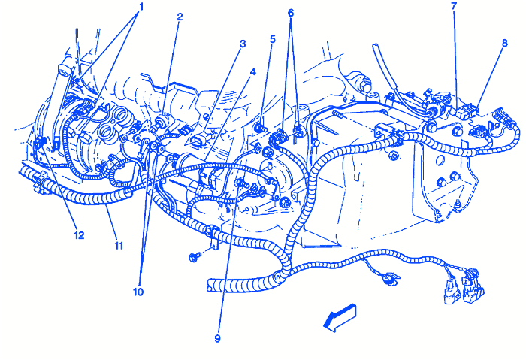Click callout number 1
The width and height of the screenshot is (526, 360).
pyautogui.click(x=138, y=7)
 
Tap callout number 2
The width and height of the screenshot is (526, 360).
pyautogui.click(x=180, y=16)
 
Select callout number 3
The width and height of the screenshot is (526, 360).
pyautogui.click(x=243, y=44)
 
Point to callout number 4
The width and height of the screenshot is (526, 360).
pyautogui.click(x=252, y=72)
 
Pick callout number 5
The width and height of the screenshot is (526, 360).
pyautogui.click(x=272, y=39)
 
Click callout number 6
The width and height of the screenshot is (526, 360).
pyautogui.click(x=291, y=13)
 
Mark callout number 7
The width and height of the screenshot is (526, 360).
pyautogui.click(x=453, y=7)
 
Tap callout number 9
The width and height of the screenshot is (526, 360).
pyautogui.click(x=217, y=338)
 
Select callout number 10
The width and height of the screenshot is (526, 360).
pyautogui.click(x=138, y=291)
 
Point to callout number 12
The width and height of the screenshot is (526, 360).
pyautogui.click(x=79, y=235)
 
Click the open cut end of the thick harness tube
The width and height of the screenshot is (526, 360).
pyautogui.click(x=211, y=285)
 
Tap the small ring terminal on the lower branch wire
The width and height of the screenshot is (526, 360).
pyautogui.click(x=389, y=282)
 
